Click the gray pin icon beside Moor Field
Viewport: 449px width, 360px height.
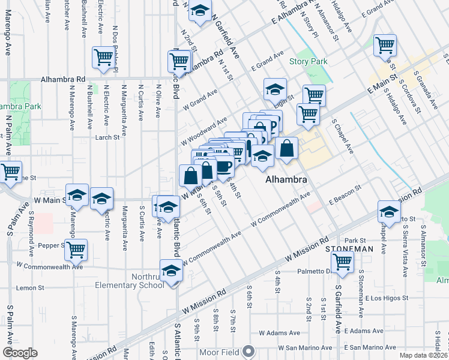[250, 352]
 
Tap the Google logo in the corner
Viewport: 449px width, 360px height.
[20, 353]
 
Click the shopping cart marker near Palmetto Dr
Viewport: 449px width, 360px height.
[342, 261]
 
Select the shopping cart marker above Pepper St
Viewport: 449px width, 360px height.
[76, 250]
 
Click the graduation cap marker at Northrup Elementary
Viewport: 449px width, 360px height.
[171, 270]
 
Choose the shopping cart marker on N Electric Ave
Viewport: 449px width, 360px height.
[103, 58]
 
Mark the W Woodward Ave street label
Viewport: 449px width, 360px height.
[204, 131]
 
